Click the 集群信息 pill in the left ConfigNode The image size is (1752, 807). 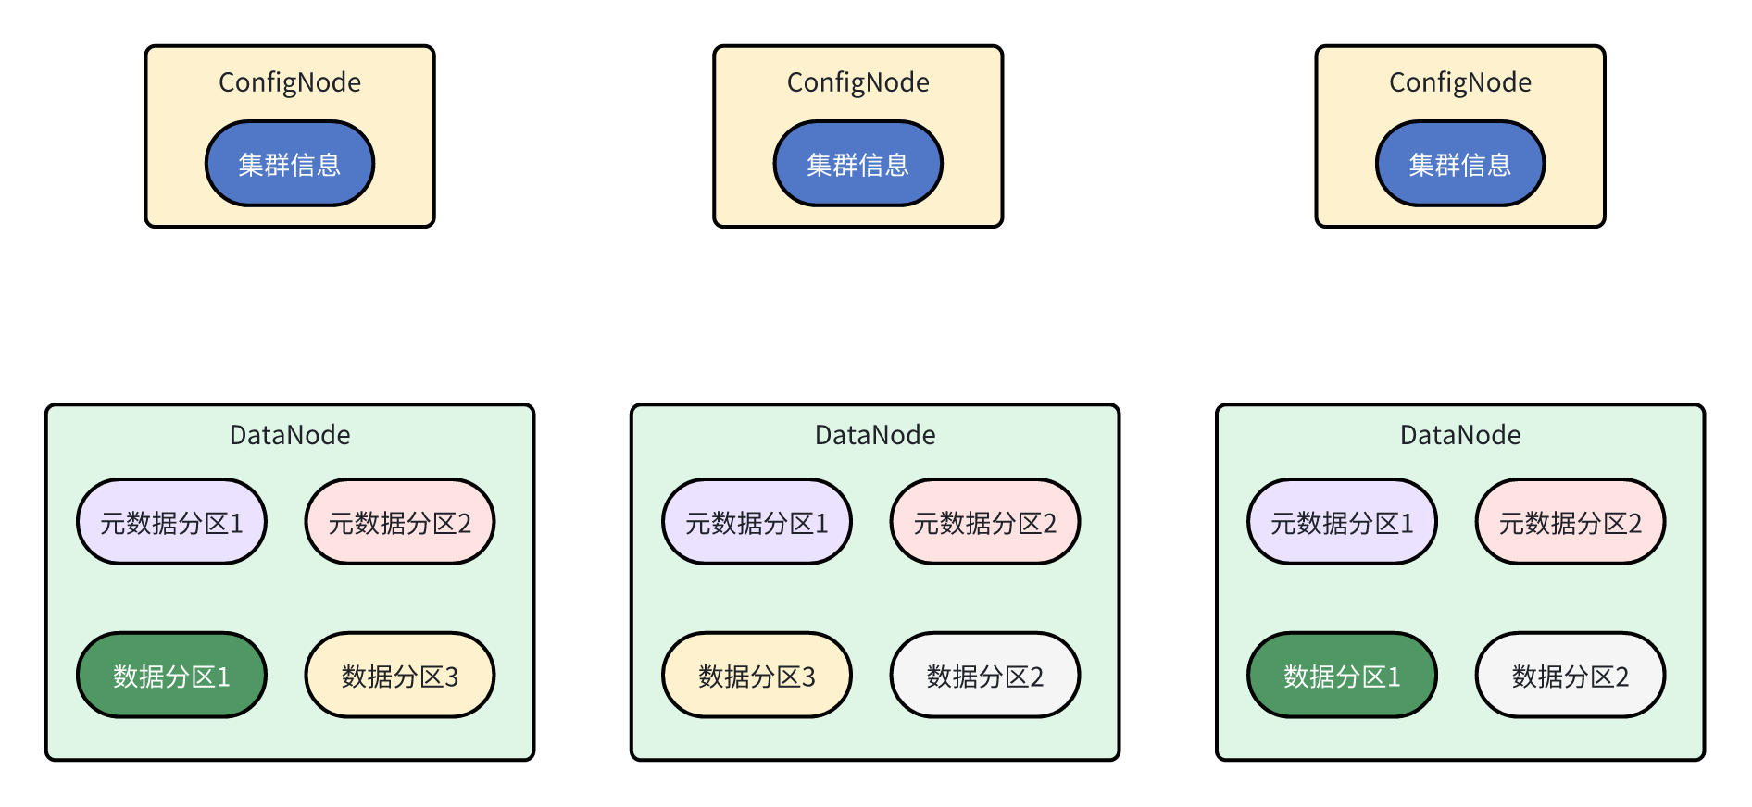pos(289,164)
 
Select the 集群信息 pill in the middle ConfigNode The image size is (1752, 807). pos(857,164)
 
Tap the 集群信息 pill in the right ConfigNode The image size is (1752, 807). pos(1459,164)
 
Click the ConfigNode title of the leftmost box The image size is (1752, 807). pos(289,82)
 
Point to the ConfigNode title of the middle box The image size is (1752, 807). pos(857,82)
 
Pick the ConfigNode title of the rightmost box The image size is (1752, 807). pos(1459,82)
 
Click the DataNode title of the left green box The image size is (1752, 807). pos(289,435)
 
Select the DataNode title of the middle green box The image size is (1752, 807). pos(874,435)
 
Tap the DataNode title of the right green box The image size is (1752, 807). pos(1459,435)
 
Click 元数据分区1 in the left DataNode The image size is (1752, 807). pos(171,522)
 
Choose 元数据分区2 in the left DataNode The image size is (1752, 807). pos(399,522)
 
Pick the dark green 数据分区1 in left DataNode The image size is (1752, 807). pos(171,676)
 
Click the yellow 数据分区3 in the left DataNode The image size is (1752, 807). pos(399,676)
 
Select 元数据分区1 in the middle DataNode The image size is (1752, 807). pos(757,522)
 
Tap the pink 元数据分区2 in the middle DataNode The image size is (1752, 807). pos(984,522)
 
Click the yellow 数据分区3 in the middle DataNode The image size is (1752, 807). pos(757,676)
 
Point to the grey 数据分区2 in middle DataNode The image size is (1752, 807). pos(984,676)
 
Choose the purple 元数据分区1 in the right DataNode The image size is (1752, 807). pos(1342,522)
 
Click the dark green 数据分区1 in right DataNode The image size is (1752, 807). pos(1342,676)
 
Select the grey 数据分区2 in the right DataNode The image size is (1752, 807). pos(1570,676)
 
